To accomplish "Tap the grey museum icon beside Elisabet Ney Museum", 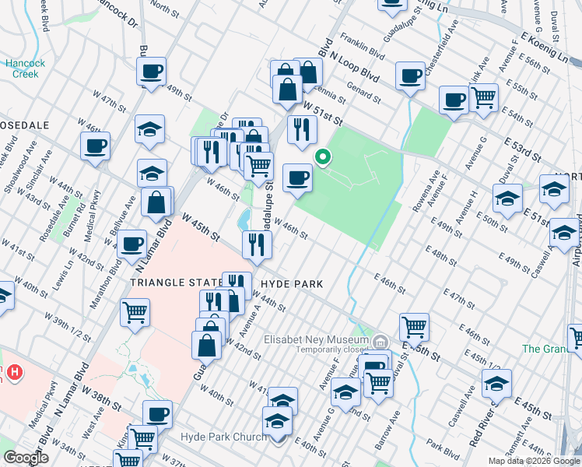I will [x=380, y=341].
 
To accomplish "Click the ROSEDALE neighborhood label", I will [x=25, y=125].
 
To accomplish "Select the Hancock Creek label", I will [x=24, y=68].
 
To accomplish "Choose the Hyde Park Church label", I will [x=223, y=437].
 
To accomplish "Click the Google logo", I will [x=26, y=457].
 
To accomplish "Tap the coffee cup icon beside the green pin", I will [x=297, y=178].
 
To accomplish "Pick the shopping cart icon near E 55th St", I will [x=484, y=97].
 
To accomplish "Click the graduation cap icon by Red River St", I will [x=496, y=383].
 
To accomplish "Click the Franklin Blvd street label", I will [x=366, y=56].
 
